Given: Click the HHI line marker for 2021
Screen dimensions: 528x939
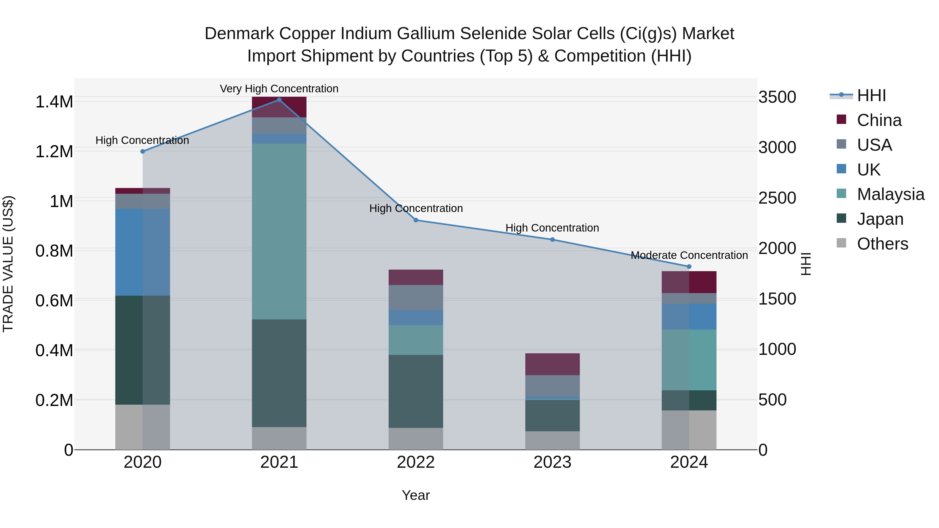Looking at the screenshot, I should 279,100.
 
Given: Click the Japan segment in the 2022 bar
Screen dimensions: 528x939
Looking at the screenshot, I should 416,391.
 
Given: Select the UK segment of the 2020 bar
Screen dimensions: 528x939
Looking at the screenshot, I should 142,252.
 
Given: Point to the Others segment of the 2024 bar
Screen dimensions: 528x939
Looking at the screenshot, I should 689,430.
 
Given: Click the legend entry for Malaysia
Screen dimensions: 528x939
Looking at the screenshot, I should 890,194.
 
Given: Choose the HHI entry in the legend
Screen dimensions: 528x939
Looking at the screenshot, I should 871,95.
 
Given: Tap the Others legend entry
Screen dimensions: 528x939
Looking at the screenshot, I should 882,244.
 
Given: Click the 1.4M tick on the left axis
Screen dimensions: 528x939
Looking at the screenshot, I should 54,102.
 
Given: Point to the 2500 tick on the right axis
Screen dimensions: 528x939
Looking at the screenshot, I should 777,198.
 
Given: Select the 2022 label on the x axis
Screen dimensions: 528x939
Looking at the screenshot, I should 416,462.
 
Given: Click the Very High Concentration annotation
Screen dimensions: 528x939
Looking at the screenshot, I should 279,89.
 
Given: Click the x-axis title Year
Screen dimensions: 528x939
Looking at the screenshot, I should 416,495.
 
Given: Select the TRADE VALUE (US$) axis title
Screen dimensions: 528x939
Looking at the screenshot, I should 8,264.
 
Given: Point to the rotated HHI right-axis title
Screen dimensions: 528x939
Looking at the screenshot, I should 806,264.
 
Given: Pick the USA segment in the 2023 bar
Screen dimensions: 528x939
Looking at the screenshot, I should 552,386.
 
